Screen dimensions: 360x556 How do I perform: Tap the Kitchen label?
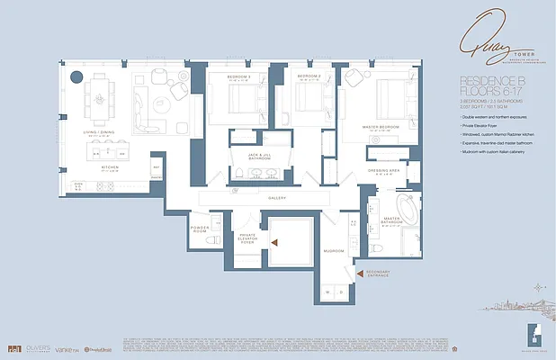point(109,166)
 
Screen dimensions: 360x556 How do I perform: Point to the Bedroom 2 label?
point(310,77)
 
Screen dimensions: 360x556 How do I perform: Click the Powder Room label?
point(201,229)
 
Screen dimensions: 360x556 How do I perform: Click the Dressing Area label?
point(383,169)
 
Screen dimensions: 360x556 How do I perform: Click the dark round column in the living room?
point(77,76)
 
